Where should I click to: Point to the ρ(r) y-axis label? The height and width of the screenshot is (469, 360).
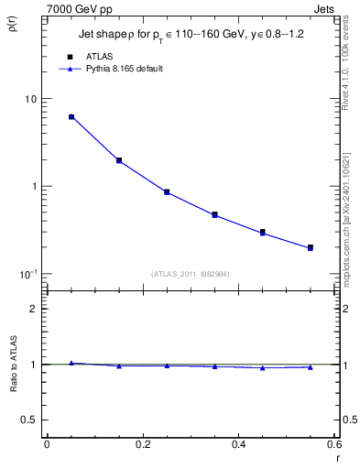(12, 20)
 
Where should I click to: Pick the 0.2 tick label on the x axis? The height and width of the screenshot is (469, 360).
(143, 446)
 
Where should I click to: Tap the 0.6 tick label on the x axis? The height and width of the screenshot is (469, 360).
(335, 446)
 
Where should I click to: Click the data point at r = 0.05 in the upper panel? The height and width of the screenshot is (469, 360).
(71, 117)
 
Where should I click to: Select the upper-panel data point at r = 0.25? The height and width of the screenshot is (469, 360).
(167, 192)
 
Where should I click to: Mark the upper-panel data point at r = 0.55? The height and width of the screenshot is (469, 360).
(311, 247)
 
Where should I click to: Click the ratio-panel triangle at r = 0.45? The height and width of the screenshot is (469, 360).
(263, 368)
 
